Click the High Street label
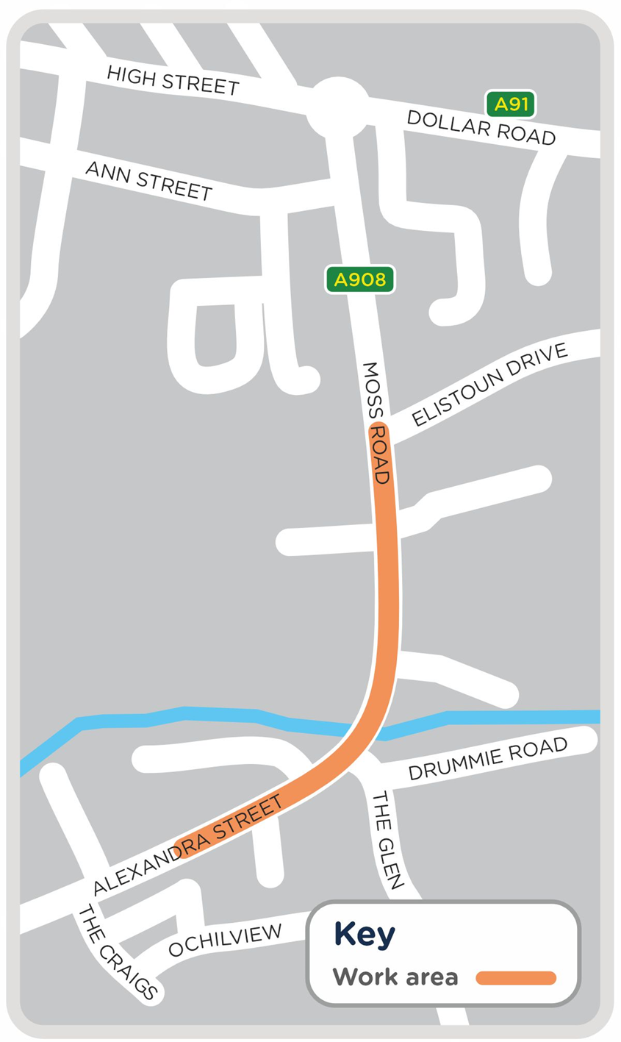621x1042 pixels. tap(173, 81)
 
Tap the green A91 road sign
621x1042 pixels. tap(511, 104)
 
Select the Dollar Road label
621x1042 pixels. tap(481, 127)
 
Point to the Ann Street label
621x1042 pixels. tap(149, 180)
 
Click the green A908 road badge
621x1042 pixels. tap(360, 279)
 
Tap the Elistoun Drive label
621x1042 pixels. tap(489, 384)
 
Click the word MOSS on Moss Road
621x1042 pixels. tap(371, 389)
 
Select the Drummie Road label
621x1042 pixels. tap(488, 758)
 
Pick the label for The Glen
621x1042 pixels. tap(387, 841)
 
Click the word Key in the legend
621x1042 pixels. tap(365, 934)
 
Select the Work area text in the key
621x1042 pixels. tap(395, 977)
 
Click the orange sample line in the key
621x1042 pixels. tap(516, 978)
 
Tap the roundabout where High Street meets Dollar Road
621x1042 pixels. tap(338, 109)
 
